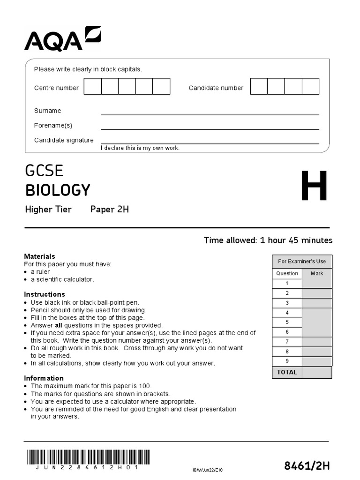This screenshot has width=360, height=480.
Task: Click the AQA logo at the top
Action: pos(62,39)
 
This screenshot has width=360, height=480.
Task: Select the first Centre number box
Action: pos(93,87)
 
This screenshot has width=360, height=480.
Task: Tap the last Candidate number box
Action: pos(310,87)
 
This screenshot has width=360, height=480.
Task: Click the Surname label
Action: pos(47,111)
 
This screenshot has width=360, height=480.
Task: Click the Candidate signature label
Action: pos(64,140)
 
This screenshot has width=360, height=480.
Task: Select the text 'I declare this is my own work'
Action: pos(140,148)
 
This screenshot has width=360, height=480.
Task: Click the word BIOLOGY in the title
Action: pos(57,190)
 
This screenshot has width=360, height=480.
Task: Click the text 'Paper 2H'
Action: pos(109,210)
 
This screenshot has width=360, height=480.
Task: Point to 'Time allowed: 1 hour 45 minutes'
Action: pos(268,240)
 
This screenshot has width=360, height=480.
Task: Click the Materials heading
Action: pos(39,256)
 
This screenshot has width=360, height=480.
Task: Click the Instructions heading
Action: pos(45,294)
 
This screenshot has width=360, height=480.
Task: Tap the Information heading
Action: pos(44,378)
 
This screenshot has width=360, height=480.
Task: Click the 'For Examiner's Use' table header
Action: pos(302,262)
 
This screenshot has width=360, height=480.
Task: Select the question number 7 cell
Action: pos(287,342)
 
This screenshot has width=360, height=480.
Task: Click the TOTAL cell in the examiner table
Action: pos(287,372)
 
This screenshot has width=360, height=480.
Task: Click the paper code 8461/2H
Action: pos(307,465)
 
